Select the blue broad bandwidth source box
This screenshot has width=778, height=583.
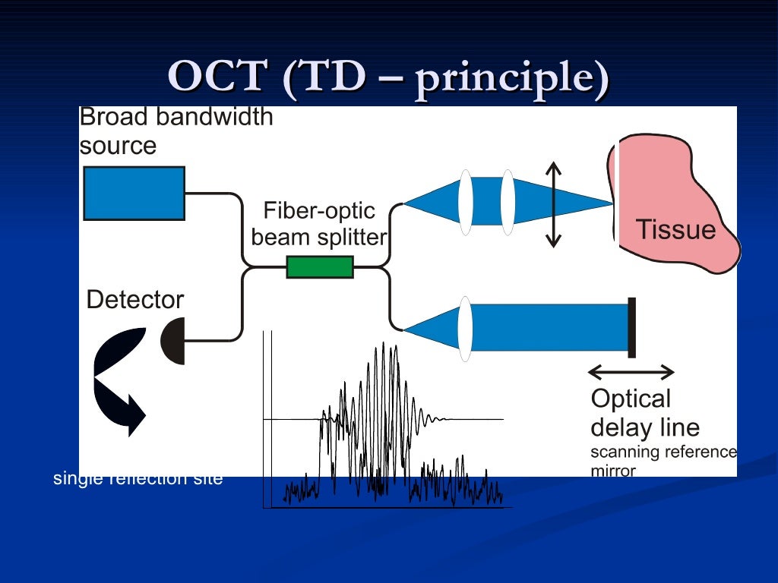[134, 194]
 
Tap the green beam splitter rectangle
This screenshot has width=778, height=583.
[320, 267]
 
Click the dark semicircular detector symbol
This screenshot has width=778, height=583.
[175, 341]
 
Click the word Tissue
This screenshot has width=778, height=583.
[675, 229]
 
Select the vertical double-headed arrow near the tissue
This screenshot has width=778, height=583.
[554, 205]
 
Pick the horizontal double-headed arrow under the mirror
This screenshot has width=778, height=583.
[631, 372]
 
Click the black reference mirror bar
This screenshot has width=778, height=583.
[631, 327]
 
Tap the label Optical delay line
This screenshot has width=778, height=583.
[644, 413]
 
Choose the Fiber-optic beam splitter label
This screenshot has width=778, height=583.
[319, 224]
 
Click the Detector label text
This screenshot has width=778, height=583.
[135, 300]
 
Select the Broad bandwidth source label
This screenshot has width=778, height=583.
[176, 131]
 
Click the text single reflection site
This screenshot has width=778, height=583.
[138, 479]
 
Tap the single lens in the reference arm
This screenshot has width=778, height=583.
[465, 329]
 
